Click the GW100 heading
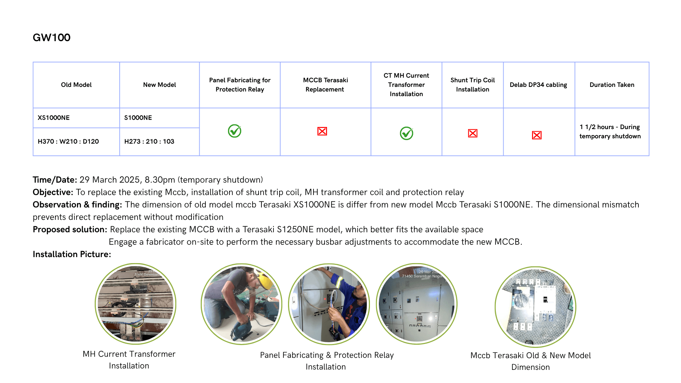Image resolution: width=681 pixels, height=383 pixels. (51, 38)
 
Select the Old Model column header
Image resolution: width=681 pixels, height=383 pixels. (76, 85)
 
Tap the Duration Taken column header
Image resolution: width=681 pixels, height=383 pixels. (612, 85)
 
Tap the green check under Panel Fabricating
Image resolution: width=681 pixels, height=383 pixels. (234, 131)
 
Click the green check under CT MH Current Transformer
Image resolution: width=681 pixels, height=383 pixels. (406, 133)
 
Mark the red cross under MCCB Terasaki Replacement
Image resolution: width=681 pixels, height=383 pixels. (322, 131)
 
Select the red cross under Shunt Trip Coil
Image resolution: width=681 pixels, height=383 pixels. (472, 133)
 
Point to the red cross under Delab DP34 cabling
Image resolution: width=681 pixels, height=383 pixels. (537, 135)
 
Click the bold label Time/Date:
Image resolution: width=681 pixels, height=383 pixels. (55, 180)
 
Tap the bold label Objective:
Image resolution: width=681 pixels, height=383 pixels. (53, 192)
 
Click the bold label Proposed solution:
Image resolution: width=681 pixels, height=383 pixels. (70, 229)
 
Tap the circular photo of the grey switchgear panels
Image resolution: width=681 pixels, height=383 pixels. (416, 304)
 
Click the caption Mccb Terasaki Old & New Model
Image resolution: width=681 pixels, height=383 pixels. (530, 355)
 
